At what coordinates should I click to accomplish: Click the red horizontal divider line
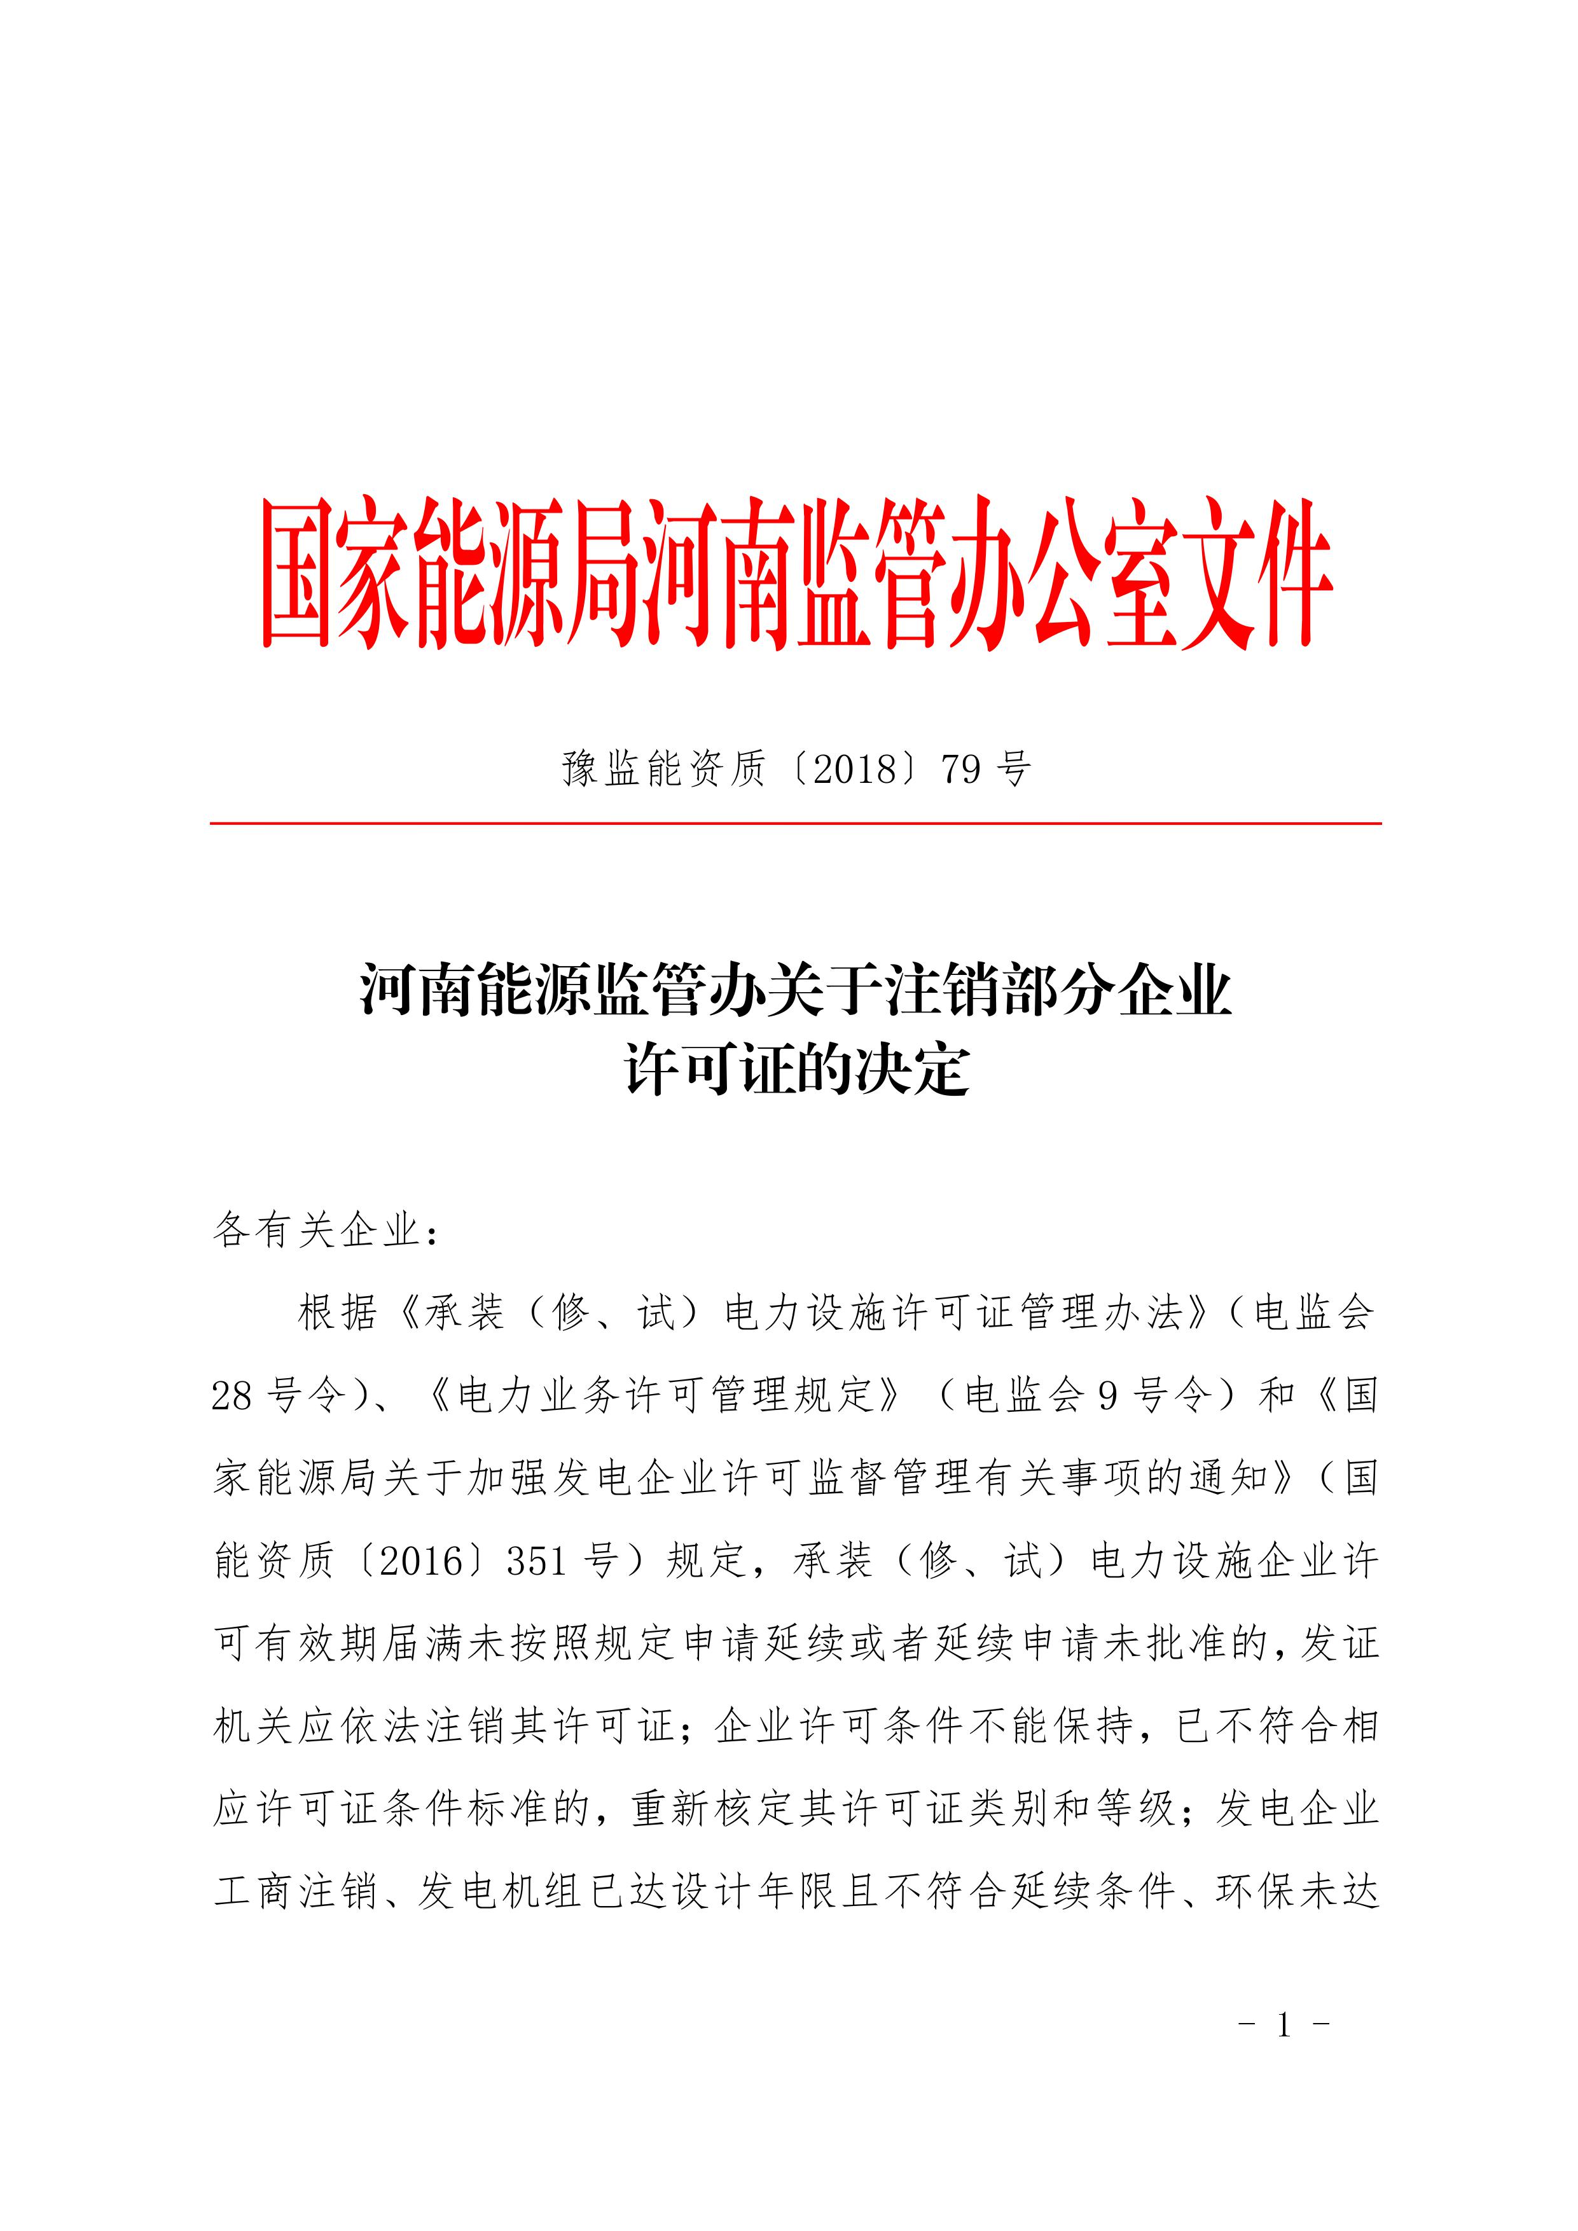pos(795,823)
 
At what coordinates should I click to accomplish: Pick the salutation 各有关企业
pos(316,1231)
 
